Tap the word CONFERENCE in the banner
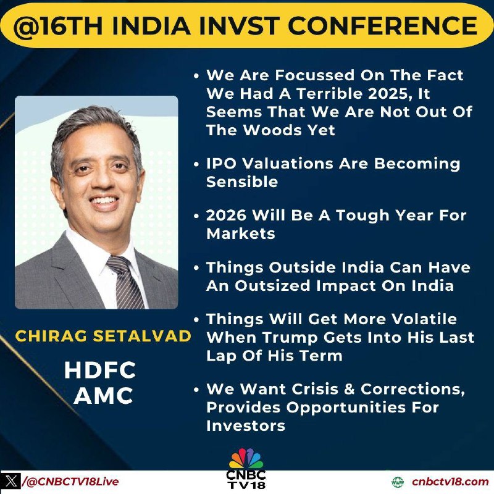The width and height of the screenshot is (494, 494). (382, 25)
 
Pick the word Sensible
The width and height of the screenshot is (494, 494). (242, 182)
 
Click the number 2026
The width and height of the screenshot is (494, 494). (226, 216)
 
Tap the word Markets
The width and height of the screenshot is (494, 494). (241, 234)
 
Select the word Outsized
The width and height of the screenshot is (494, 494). (272, 286)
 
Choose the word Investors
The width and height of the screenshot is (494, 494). (246, 426)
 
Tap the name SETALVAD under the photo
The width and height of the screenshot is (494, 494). (142, 336)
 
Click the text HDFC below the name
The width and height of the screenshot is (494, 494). (100, 370)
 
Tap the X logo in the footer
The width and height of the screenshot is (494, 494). (11, 482)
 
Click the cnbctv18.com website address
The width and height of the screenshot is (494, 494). (450, 482)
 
